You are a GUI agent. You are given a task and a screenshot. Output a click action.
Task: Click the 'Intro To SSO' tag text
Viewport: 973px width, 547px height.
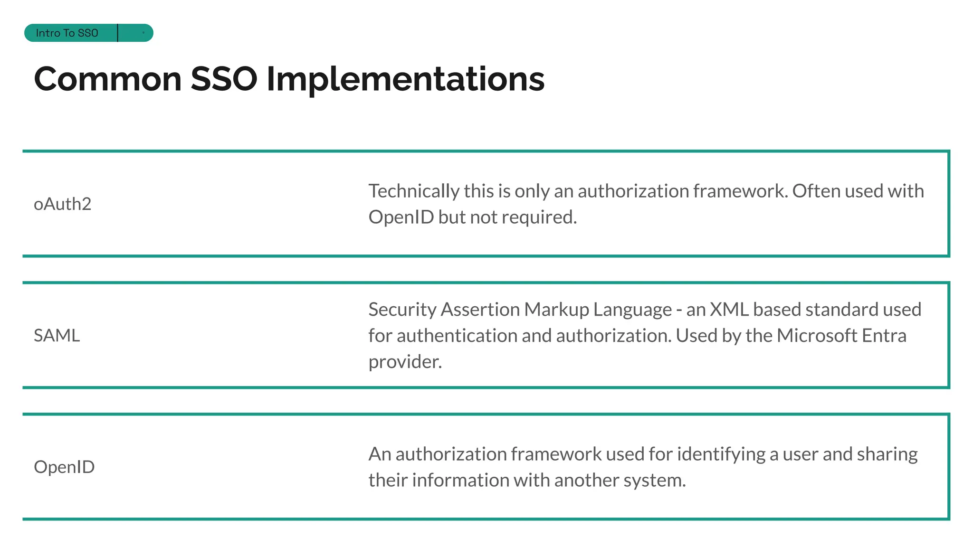click(x=67, y=33)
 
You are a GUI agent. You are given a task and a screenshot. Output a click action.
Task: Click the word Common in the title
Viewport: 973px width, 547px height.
click(x=108, y=79)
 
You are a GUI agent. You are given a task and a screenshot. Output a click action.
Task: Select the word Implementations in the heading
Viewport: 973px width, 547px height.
click(x=405, y=79)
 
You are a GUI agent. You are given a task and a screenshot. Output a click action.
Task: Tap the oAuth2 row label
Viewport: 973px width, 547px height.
click(x=62, y=204)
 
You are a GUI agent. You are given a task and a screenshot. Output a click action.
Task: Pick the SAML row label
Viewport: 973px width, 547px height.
click(x=57, y=336)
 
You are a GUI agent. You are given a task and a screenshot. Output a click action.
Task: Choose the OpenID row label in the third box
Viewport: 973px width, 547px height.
click(x=64, y=467)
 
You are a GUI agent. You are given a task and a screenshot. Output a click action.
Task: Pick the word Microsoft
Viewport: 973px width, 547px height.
click(x=817, y=336)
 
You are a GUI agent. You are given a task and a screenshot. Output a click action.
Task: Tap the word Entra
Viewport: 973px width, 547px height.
click(x=884, y=336)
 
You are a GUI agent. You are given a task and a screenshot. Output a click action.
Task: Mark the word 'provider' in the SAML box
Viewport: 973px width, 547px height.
click(x=405, y=362)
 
